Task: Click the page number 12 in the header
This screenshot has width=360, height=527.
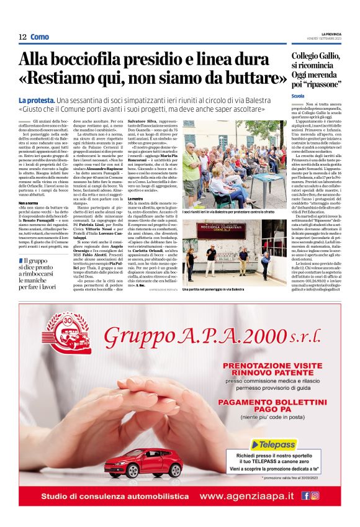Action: pos(22,37)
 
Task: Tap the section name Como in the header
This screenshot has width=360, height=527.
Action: pos(40,37)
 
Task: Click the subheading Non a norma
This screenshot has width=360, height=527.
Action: pos(28,202)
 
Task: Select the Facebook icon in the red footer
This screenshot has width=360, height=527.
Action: pos(305,496)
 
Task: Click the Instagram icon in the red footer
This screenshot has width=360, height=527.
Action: pos(315,496)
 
